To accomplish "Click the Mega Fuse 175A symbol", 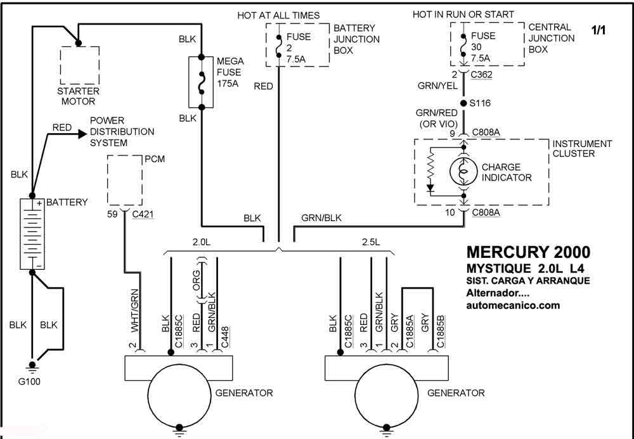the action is point(201,82).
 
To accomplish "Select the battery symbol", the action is point(32,234).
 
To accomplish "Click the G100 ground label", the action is point(29,381).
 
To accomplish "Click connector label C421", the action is point(143,214).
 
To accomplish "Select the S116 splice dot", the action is point(464,103).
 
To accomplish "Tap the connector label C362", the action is point(482,75).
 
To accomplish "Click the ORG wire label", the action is point(196,280).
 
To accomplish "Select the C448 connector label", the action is point(225,337).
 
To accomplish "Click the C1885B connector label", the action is point(441,331).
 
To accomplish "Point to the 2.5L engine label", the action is point(371,243).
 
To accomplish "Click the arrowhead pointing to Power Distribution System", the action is point(82,134).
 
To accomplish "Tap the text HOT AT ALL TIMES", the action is point(278,15).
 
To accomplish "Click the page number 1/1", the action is point(599,30).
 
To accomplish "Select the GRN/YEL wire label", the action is point(437,86).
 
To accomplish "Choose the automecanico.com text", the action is point(513,305).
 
